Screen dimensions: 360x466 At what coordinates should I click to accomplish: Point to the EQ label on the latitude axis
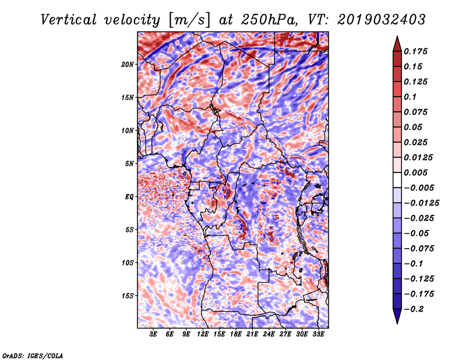pyautogui.click(x=129, y=197)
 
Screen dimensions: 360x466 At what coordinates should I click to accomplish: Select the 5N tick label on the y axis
pyautogui.click(x=129, y=164)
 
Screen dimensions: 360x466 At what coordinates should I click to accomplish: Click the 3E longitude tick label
pyautogui.click(x=154, y=334)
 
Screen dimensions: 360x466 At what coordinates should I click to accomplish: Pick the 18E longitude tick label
pyautogui.click(x=236, y=334)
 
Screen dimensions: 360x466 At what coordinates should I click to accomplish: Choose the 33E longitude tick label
pyautogui.click(x=318, y=334)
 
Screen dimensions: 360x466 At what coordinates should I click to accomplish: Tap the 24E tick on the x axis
pyautogui.click(x=269, y=334)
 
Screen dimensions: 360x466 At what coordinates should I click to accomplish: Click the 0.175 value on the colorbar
pyautogui.click(x=417, y=51)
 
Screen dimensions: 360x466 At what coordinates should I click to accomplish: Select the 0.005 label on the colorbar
pyautogui.click(x=417, y=172)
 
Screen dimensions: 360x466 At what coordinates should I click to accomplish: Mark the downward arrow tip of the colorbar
pyautogui.click(x=397, y=322)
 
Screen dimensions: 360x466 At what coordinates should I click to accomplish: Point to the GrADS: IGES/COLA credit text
pyautogui.click(x=32, y=355)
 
